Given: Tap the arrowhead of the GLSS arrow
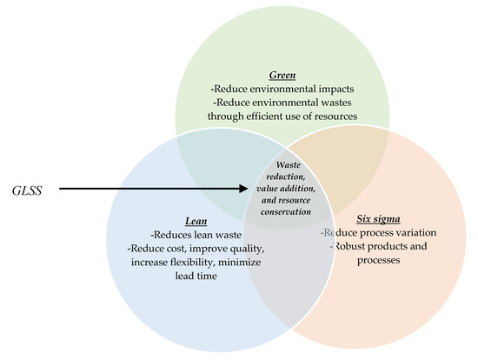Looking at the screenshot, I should [x=245, y=187].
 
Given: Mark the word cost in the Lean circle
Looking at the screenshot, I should [x=166, y=249].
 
